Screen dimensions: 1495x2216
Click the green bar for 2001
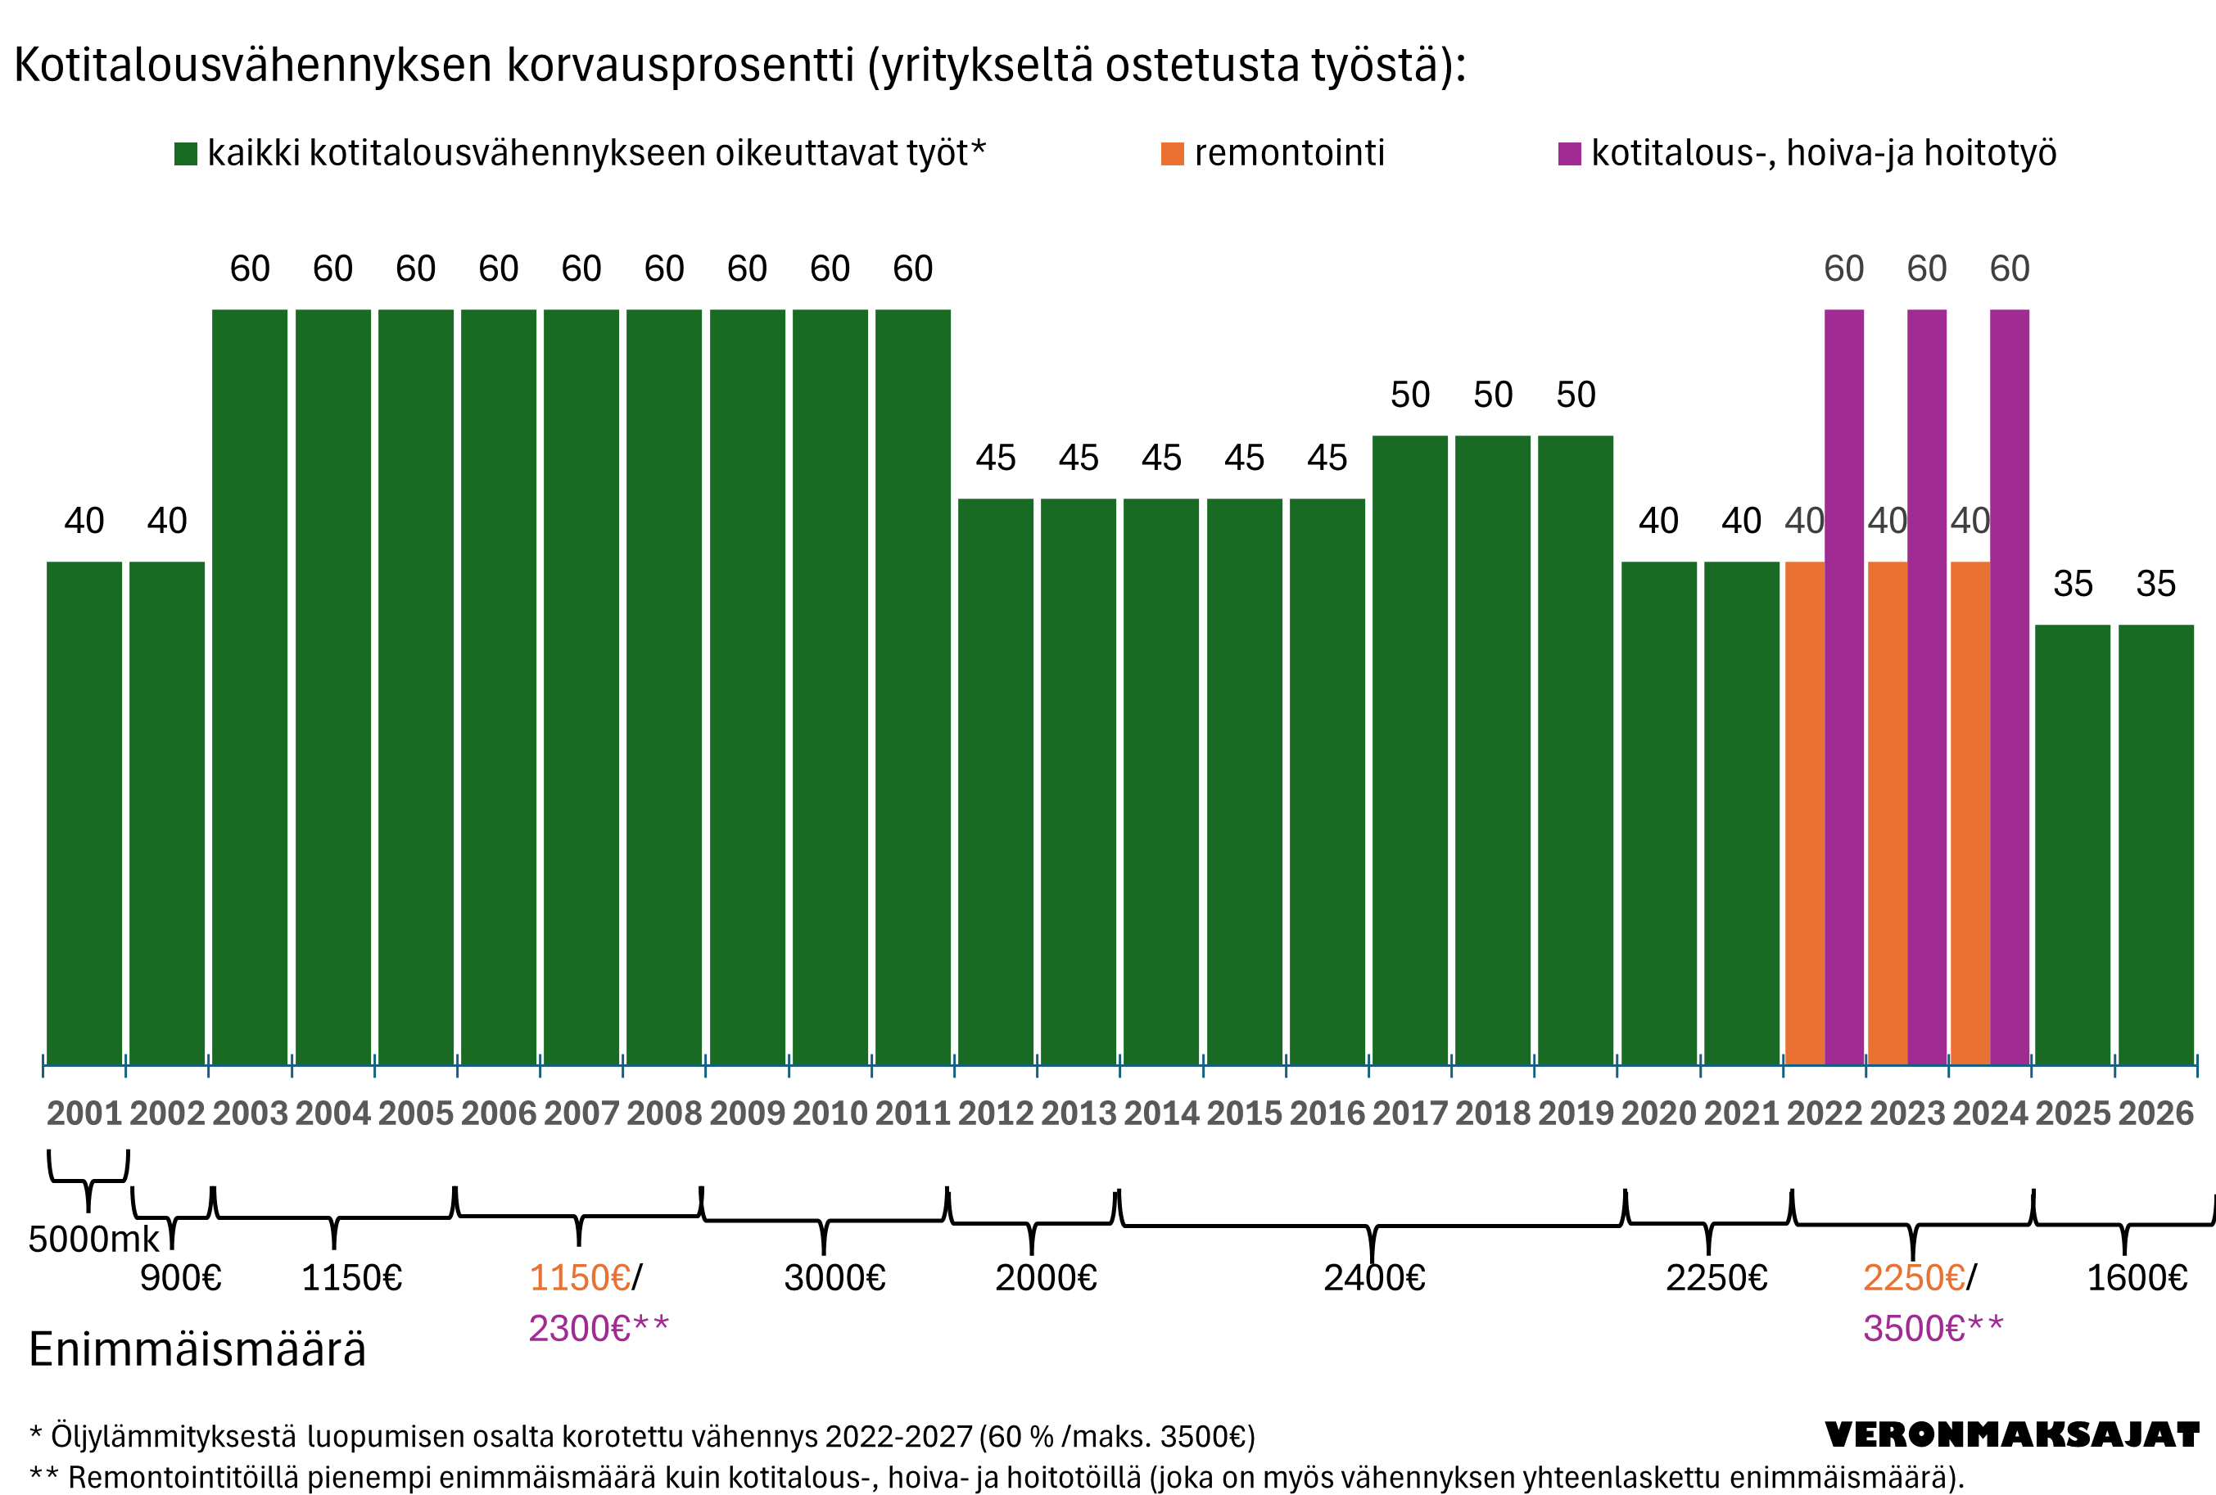[84, 812]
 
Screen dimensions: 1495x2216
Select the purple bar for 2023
[1926, 686]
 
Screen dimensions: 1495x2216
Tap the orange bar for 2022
[1804, 812]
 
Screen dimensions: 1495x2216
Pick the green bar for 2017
[1409, 749]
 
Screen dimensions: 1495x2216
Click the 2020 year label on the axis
[1658, 1113]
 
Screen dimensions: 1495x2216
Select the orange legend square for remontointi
[1172, 153]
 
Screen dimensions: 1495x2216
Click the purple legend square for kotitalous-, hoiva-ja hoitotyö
[1568, 153]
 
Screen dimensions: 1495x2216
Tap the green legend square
[186, 153]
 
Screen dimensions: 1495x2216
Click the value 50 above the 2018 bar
[1492, 395]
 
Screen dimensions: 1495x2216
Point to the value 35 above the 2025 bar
[2072, 584]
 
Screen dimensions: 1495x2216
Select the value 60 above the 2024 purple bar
[2009, 269]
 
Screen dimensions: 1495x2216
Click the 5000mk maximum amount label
[93, 1240]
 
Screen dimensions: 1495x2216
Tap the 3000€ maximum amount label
[834, 1277]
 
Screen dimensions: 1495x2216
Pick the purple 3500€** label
[1933, 1328]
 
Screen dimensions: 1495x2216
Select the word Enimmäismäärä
[197, 1349]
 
